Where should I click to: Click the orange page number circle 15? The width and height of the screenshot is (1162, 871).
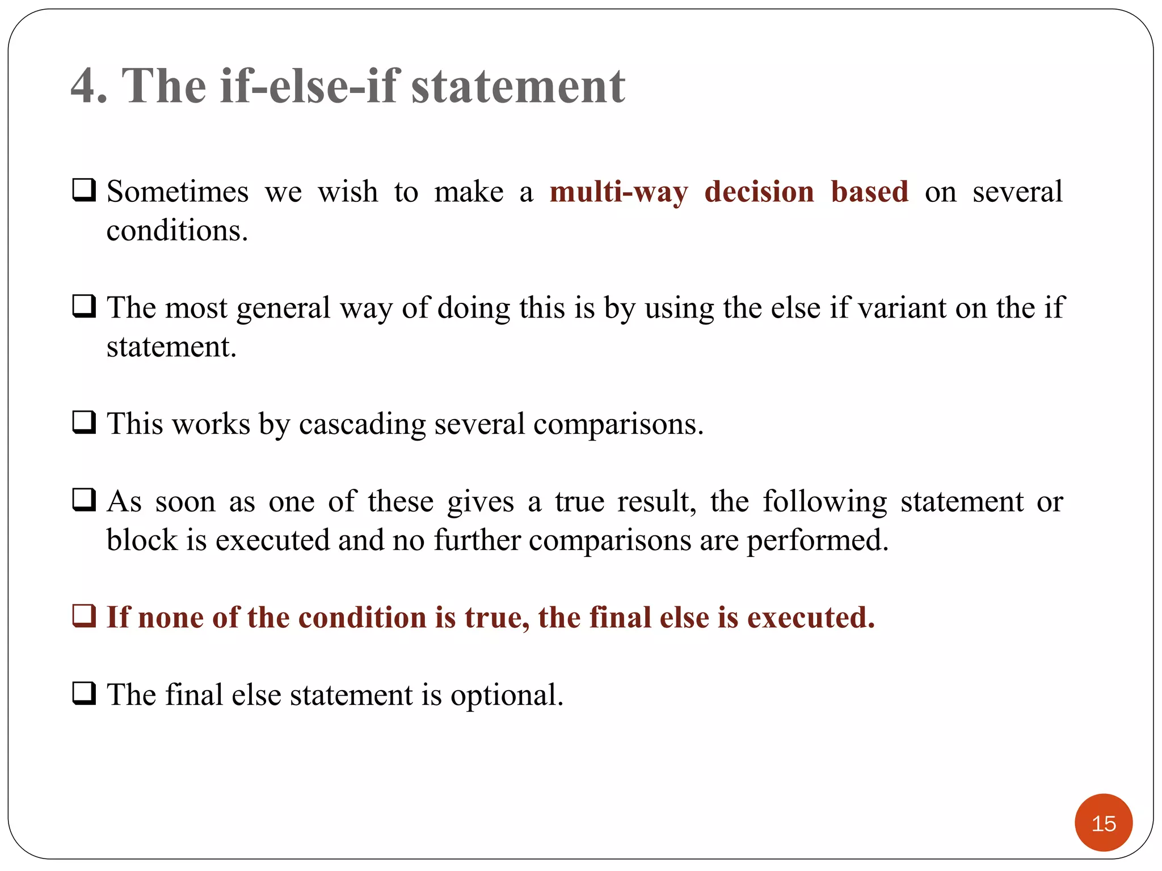click(1103, 822)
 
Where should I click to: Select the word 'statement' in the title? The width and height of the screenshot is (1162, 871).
click(518, 86)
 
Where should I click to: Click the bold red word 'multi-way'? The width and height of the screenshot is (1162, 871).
click(618, 192)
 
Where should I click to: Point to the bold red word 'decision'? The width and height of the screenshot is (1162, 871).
click(759, 192)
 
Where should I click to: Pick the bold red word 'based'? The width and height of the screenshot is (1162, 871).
click(869, 192)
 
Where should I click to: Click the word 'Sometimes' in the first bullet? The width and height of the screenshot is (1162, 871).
click(178, 192)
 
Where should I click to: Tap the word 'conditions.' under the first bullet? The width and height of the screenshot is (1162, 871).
click(177, 231)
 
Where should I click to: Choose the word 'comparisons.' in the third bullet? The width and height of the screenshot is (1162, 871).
click(618, 424)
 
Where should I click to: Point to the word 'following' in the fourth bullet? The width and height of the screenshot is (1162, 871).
click(824, 502)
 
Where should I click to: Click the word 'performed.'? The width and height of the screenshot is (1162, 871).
click(817, 540)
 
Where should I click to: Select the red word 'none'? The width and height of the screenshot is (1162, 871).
click(171, 618)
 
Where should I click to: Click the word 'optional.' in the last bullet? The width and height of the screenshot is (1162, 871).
click(507, 695)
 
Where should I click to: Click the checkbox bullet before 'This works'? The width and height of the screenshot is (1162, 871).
click(84, 422)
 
